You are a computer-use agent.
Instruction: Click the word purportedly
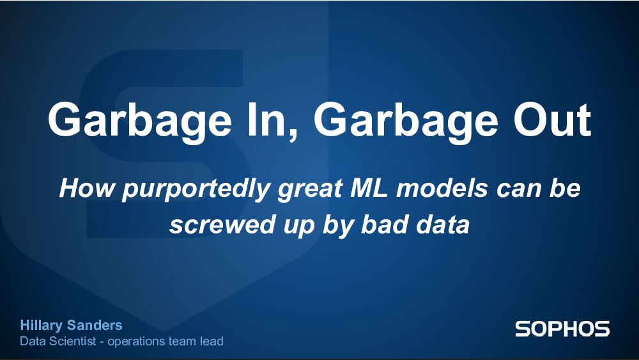189,190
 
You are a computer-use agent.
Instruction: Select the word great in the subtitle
311,190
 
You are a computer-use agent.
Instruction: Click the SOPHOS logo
562,329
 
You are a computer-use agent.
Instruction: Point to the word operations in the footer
136,342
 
